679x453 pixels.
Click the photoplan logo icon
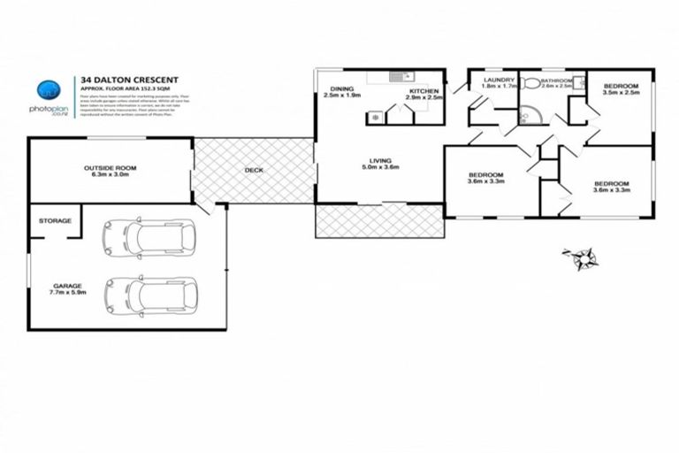pos(50,89)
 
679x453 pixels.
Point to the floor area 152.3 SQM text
pos(142,89)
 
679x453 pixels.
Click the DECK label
pos(253,170)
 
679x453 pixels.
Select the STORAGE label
pos(54,221)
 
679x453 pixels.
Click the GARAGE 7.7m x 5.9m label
pos(67,290)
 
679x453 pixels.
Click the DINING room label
pos(342,92)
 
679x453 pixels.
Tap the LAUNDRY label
pos(492,84)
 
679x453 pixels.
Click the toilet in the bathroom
pos(531,84)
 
